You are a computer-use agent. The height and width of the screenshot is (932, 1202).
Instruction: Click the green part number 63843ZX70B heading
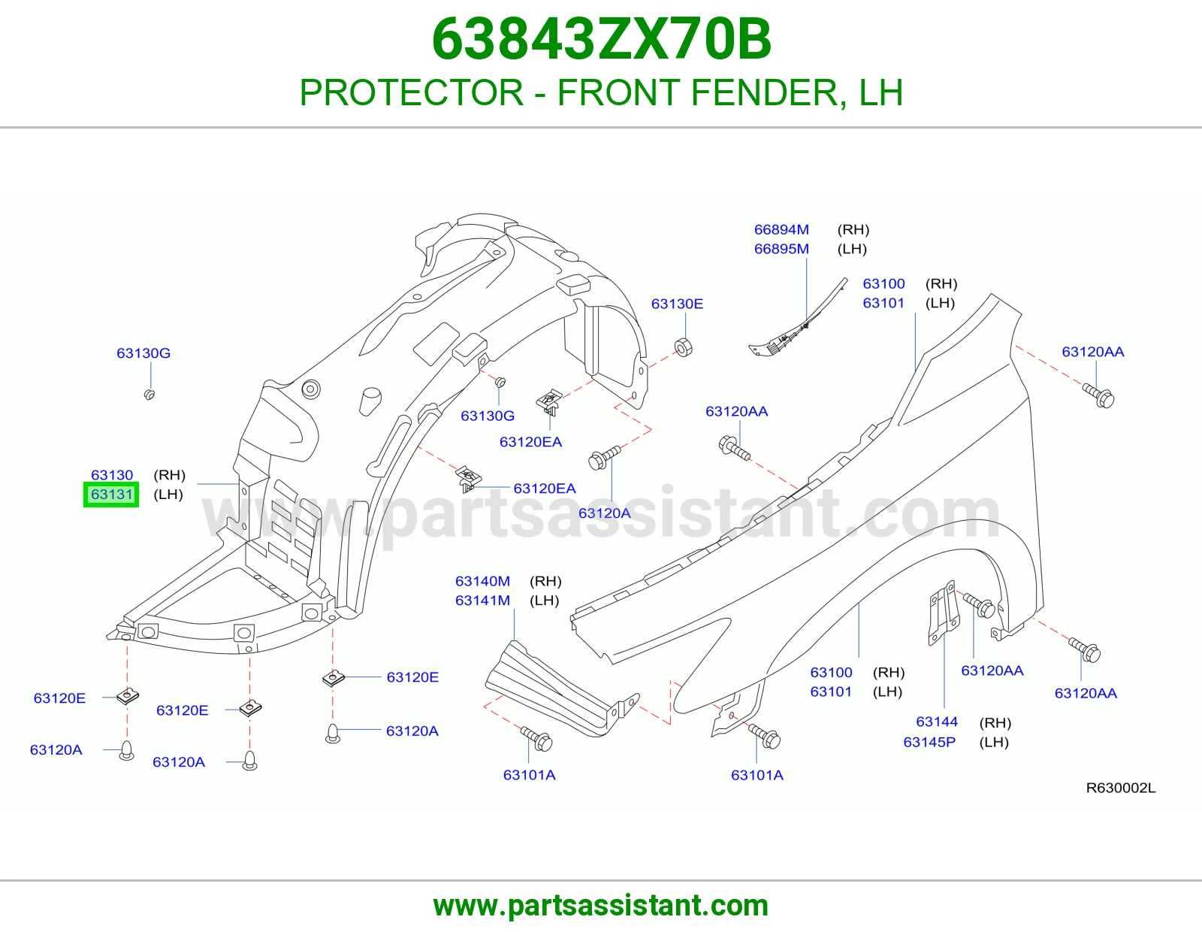601,39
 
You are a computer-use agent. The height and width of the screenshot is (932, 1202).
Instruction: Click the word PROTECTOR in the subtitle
412,92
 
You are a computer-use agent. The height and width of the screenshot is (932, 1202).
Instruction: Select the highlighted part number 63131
112,495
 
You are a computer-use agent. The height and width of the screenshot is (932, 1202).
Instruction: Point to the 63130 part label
112,475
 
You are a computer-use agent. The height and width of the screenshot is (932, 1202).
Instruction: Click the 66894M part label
781,230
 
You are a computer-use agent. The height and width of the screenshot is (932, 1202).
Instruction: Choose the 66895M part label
781,249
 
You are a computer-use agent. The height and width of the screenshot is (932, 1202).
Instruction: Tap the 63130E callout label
677,304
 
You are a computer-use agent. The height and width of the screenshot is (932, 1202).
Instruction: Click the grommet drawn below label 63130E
684,347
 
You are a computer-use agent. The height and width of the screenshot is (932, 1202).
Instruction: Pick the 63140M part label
482,581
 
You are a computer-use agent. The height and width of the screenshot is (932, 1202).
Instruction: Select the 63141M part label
482,601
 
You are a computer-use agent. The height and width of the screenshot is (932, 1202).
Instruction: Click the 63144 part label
937,722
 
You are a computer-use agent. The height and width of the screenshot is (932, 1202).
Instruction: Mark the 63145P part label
929,742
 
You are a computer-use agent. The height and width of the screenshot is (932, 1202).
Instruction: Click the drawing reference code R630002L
1121,788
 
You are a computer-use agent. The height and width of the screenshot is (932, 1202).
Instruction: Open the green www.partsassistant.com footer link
601,906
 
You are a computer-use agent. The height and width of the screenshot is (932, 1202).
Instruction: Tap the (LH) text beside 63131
168,495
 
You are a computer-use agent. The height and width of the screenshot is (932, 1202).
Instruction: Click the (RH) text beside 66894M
853,230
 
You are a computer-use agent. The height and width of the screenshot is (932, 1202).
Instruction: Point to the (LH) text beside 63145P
994,742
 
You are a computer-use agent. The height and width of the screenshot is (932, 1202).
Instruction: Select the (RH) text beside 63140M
545,581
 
